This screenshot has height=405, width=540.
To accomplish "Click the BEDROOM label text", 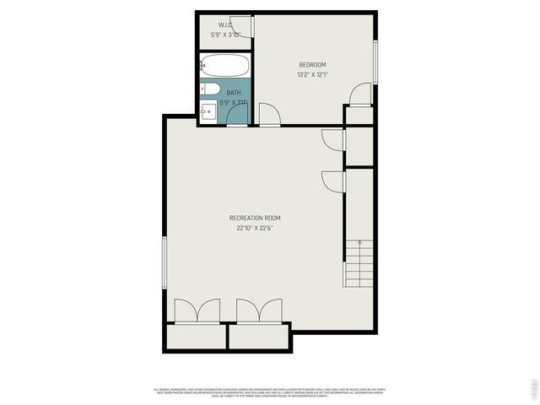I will coord(312,65).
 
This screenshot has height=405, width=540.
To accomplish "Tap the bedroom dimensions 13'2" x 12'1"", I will coord(312,75).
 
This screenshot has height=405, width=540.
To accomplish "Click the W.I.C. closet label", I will coord(225,24).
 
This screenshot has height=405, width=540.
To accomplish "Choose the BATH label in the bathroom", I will coord(233,92).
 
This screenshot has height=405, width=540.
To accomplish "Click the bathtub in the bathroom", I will coord(224,66).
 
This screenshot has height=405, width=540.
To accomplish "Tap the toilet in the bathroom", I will coord(210,89).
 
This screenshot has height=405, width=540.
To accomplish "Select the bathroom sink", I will coord(208,110).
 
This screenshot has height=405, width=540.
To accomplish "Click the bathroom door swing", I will coord(238,116).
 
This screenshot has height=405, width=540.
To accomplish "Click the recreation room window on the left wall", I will coord(164,261).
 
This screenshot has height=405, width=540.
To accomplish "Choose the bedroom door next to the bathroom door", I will coord(271,116).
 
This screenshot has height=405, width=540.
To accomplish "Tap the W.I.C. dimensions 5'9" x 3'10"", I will coord(225,35).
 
